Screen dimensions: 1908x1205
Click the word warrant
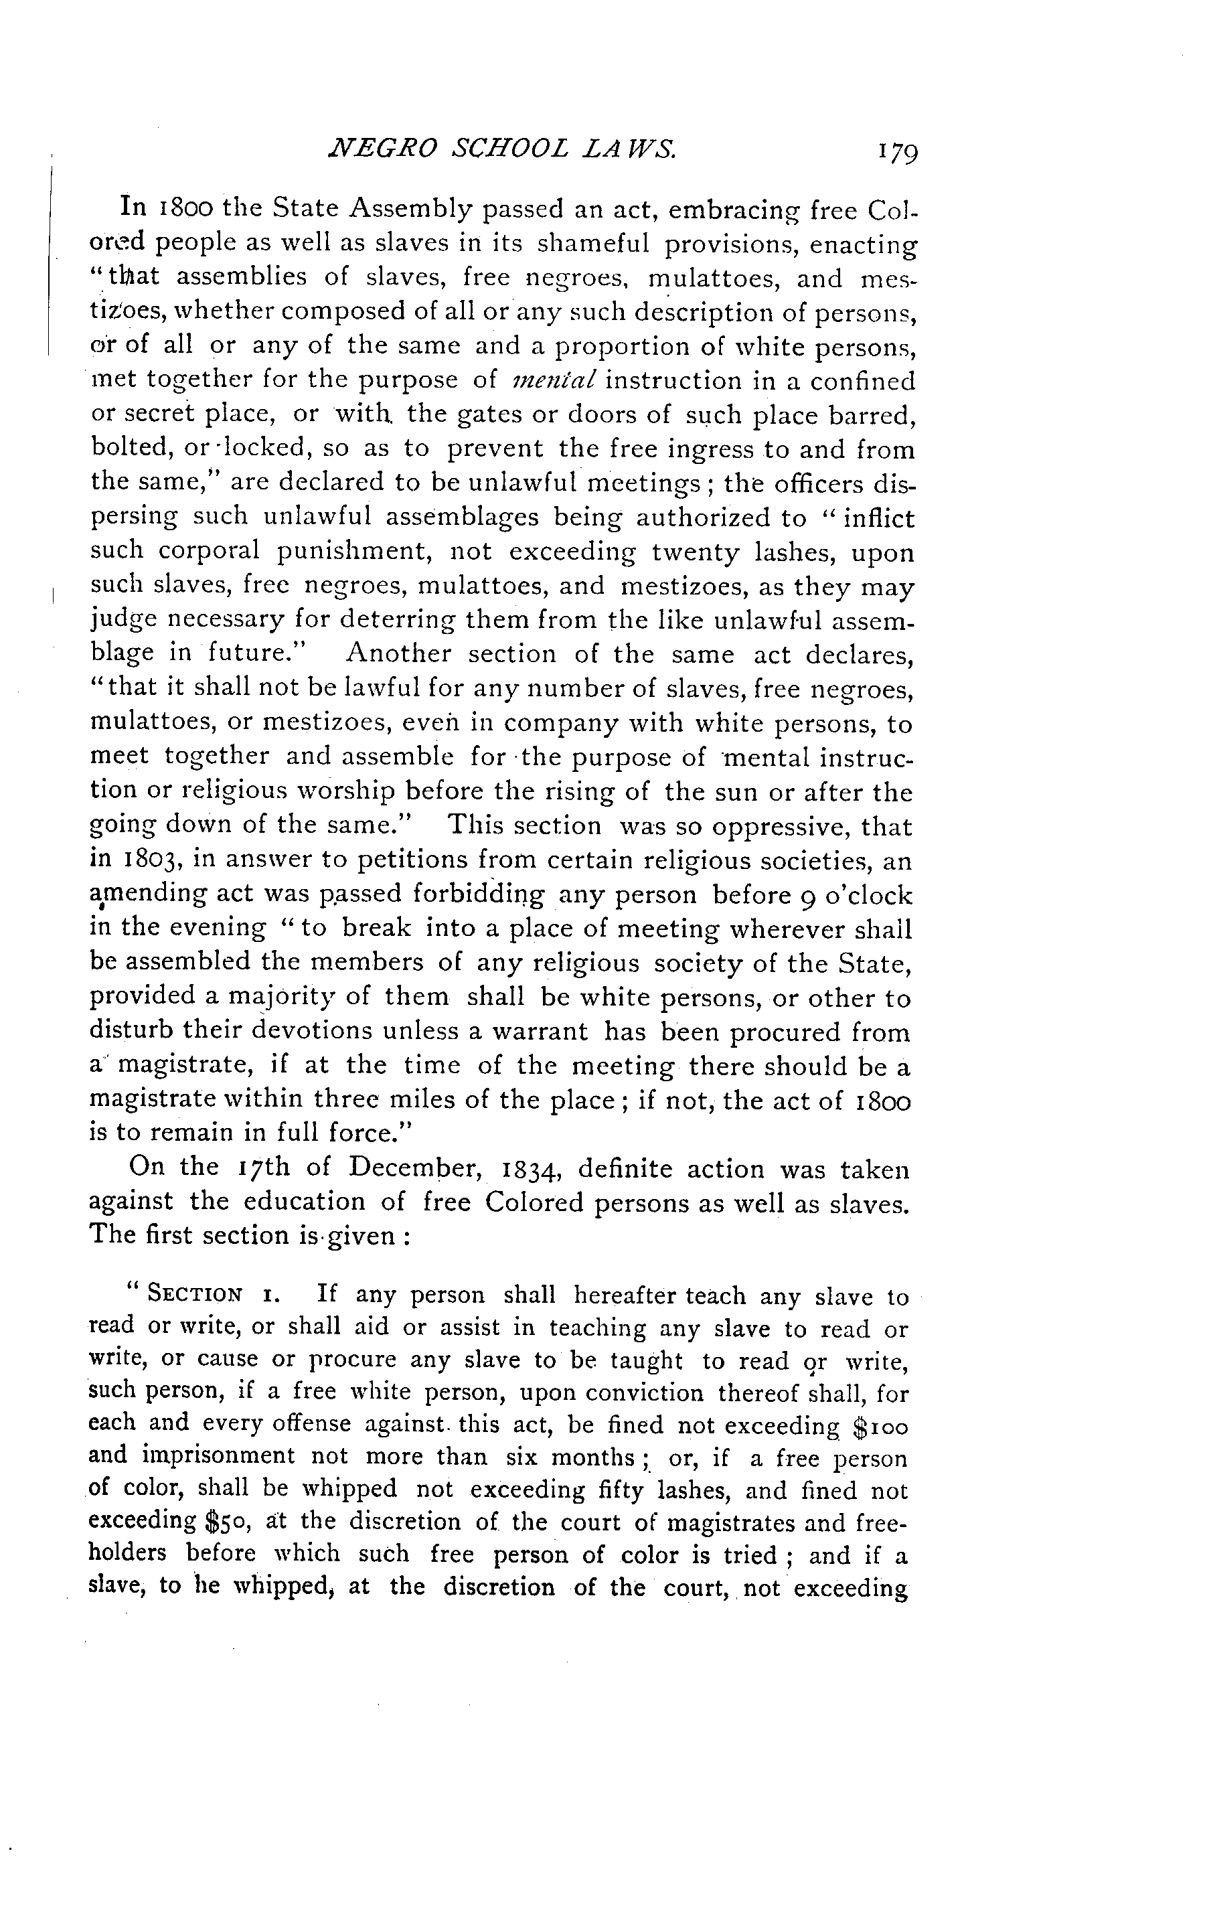(x=548, y=1031)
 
